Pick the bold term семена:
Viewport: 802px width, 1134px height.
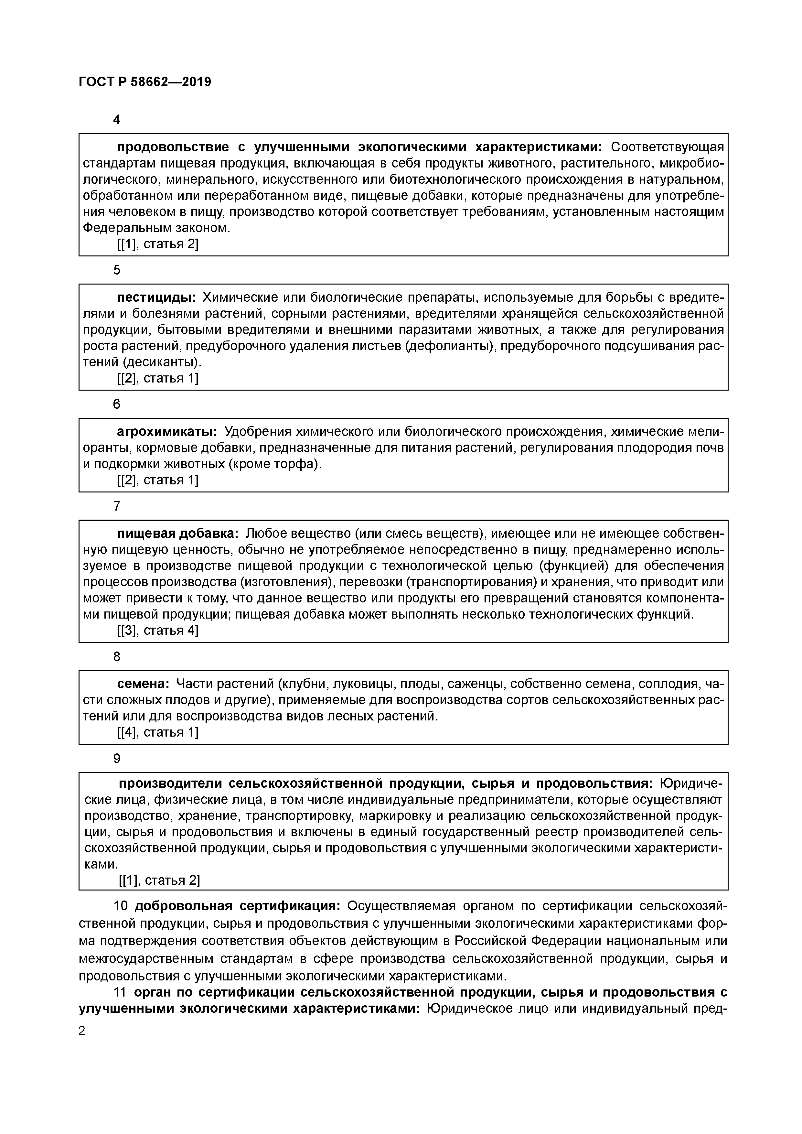[143, 684]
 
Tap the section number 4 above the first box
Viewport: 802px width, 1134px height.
[117, 120]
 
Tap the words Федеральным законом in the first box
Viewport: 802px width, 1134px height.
[156, 228]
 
